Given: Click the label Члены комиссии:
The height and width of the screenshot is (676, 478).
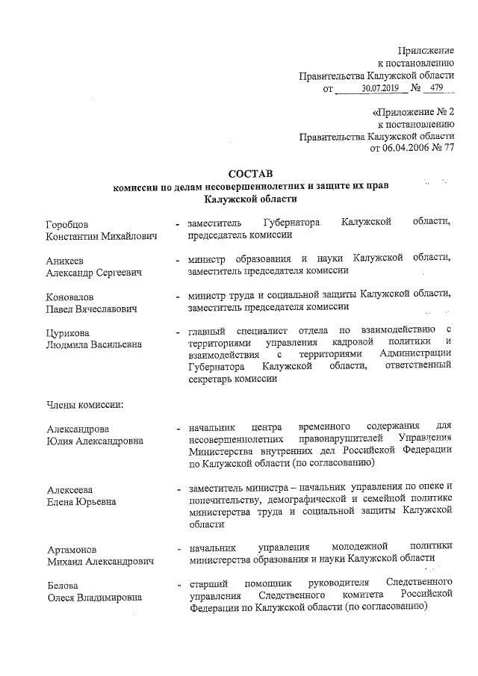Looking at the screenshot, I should (84, 403).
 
